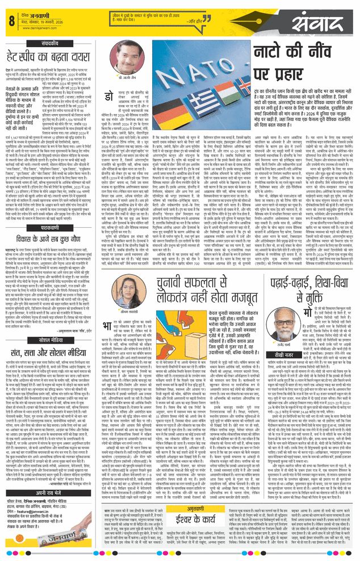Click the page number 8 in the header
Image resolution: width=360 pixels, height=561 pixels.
[x=11, y=21]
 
